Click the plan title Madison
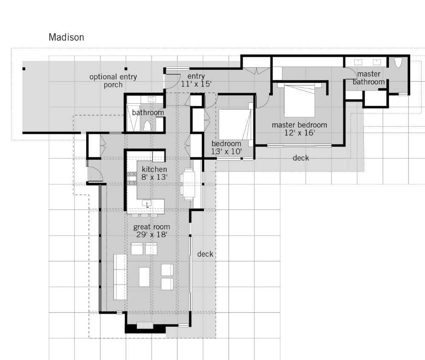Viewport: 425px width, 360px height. pos(66,37)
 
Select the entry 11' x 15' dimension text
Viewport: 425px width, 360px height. pos(196,84)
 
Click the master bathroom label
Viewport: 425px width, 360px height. pos(368,78)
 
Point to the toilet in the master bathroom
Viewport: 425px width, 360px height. pos(398,63)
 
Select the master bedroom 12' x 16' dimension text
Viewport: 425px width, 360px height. pos(299,133)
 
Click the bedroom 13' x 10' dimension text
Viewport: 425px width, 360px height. pos(227,151)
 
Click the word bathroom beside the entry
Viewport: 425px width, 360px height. pos(147,113)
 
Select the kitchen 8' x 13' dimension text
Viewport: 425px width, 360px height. pos(152,176)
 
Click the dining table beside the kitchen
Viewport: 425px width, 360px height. pos(188,184)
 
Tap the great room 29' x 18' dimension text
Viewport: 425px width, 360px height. pos(151,234)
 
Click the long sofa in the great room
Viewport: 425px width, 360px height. pos(120,276)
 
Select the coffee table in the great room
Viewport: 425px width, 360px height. pos(144,277)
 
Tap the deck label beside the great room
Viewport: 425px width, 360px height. pos(205,254)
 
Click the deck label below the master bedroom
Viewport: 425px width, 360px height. pos(301,158)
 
